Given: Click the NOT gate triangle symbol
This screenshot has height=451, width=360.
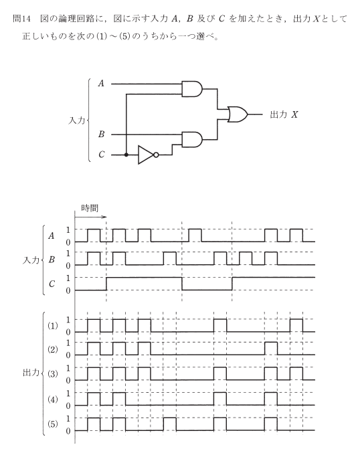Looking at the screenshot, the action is (146, 155).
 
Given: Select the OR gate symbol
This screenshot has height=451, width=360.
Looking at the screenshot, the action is (238, 114).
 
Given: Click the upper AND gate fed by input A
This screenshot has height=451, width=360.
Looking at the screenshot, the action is (192, 88).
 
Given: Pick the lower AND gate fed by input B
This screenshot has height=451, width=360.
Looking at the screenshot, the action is (192, 139).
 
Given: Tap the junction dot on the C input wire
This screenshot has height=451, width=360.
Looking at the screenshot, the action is (126, 155).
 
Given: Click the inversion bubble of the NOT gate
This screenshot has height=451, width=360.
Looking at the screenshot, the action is (156, 155).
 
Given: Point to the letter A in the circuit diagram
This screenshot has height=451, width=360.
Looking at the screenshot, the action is (101, 84).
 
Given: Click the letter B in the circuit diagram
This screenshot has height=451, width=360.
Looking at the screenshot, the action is (101, 134).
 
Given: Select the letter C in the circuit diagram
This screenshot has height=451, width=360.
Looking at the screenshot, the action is (101, 155).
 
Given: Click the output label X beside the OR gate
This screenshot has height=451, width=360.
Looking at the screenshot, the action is (294, 115).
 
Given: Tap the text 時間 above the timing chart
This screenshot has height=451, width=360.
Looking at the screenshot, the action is (90, 208).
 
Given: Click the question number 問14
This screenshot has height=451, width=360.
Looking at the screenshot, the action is (21, 19).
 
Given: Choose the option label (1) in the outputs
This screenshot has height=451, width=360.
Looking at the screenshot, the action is (53, 326).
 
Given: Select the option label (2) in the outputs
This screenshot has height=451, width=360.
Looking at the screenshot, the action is (53, 349).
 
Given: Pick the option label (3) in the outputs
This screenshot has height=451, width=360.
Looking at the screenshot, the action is (53, 374).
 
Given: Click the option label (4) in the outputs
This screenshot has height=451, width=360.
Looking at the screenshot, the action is (53, 399).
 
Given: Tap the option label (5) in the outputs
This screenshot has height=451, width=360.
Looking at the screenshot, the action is (53, 424).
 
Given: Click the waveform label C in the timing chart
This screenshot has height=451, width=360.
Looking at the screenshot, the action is (52, 284).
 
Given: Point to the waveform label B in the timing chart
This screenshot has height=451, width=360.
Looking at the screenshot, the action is (52, 260).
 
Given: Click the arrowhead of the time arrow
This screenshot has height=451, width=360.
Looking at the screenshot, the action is (105, 217).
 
